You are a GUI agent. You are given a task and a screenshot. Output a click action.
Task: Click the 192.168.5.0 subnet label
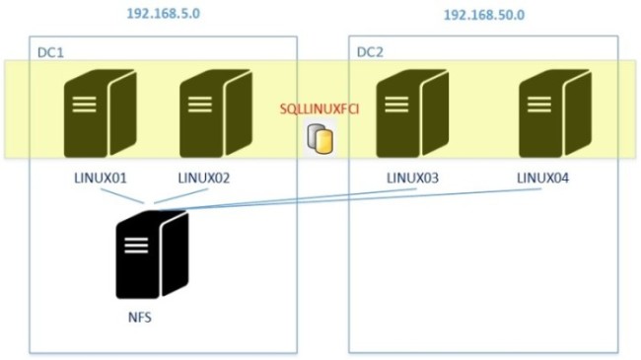tap(162, 15)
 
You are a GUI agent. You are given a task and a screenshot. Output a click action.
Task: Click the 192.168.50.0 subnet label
tap(483, 17)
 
